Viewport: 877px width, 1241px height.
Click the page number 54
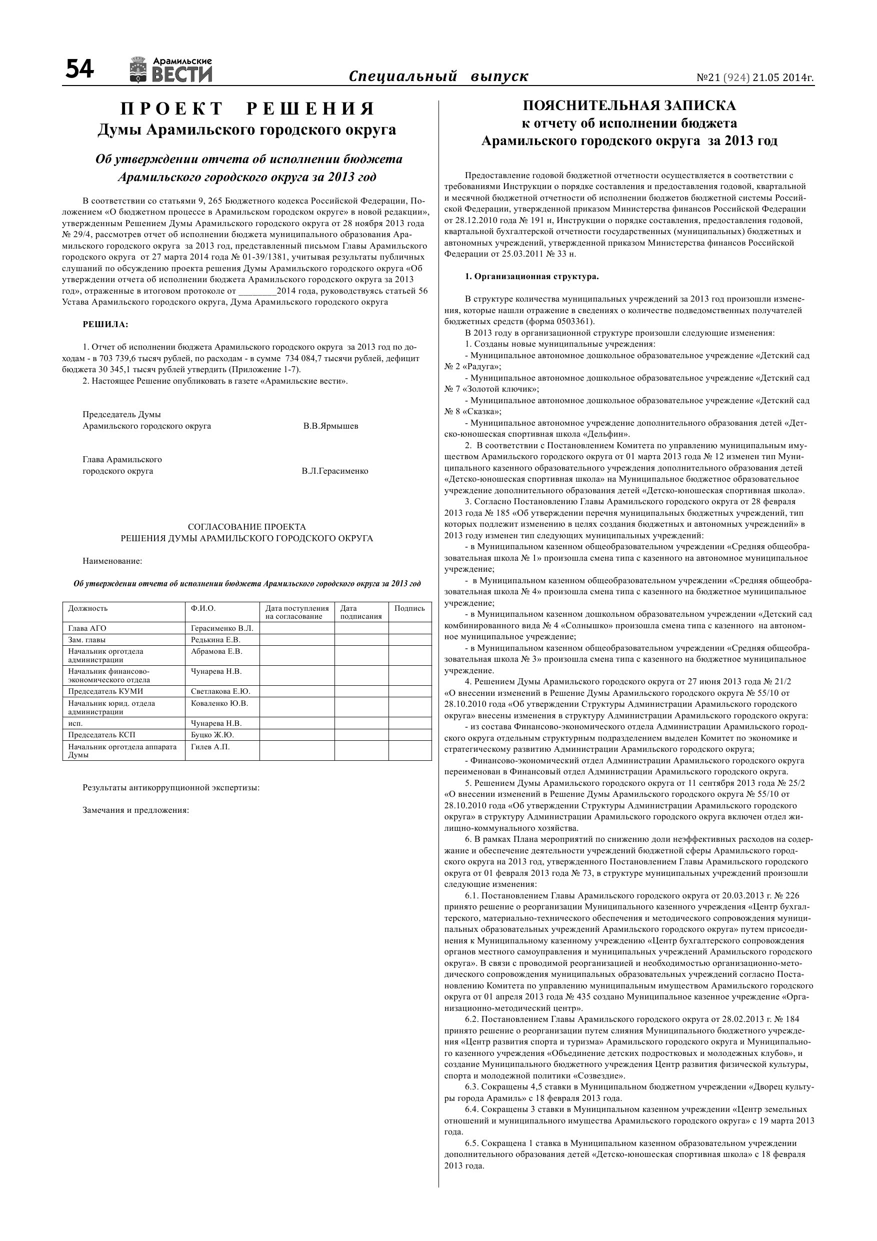coord(79,70)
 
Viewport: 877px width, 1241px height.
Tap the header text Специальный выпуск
coord(438,76)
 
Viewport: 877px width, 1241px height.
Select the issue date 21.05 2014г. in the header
coord(783,78)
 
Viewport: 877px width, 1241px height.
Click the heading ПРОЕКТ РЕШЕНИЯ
coord(247,109)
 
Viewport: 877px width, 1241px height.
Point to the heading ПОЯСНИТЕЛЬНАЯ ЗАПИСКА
coord(629,106)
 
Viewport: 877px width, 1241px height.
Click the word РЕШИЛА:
coord(105,324)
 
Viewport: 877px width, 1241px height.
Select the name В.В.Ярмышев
coord(330,426)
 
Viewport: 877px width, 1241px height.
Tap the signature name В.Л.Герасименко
coord(334,471)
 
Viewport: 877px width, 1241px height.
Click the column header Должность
coord(87,608)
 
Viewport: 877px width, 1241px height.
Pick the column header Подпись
coord(409,608)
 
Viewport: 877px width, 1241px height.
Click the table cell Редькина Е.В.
coord(215,639)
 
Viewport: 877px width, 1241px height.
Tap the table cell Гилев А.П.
coord(210,746)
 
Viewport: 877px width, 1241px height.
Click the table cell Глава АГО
coord(87,628)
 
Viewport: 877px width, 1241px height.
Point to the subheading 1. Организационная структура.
coord(531,277)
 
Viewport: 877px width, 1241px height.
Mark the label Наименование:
coord(112,561)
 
